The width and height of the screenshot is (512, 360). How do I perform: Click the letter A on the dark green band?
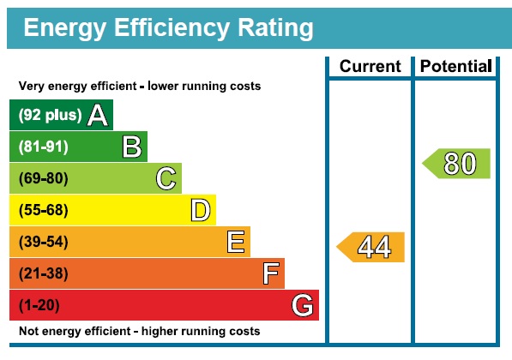(98, 115)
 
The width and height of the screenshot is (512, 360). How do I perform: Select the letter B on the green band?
(132, 147)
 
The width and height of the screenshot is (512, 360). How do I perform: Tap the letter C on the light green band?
(166, 178)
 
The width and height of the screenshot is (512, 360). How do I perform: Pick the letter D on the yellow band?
(201, 210)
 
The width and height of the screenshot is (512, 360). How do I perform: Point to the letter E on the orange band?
(236, 242)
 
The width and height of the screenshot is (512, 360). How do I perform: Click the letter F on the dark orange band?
(270, 273)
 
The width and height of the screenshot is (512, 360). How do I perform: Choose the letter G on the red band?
(302, 305)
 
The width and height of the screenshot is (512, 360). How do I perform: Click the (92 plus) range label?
(50, 115)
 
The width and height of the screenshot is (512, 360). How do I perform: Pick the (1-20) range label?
(39, 305)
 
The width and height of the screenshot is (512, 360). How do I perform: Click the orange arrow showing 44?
(371, 247)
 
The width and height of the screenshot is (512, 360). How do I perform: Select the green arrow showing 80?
(457, 163)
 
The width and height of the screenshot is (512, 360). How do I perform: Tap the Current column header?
(370, 67)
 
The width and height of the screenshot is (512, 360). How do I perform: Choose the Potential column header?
(455, 67)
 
